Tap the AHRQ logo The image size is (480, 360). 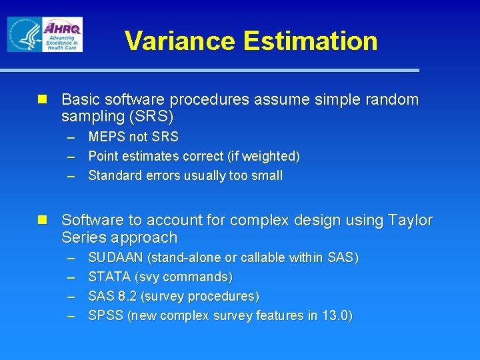(x=62, y=34)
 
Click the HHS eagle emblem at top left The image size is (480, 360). (x=25, y=34)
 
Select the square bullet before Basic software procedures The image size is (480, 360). (x=43, y=99)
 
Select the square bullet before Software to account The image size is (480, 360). (x=43, y=220)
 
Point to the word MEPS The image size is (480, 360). (x=107, y=137)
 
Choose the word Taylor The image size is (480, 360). (x=409, y=220)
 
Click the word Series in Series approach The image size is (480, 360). (x=84, y=237)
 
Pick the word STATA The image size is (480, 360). (x=109, y=277)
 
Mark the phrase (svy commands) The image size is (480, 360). (x=183, y=277)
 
